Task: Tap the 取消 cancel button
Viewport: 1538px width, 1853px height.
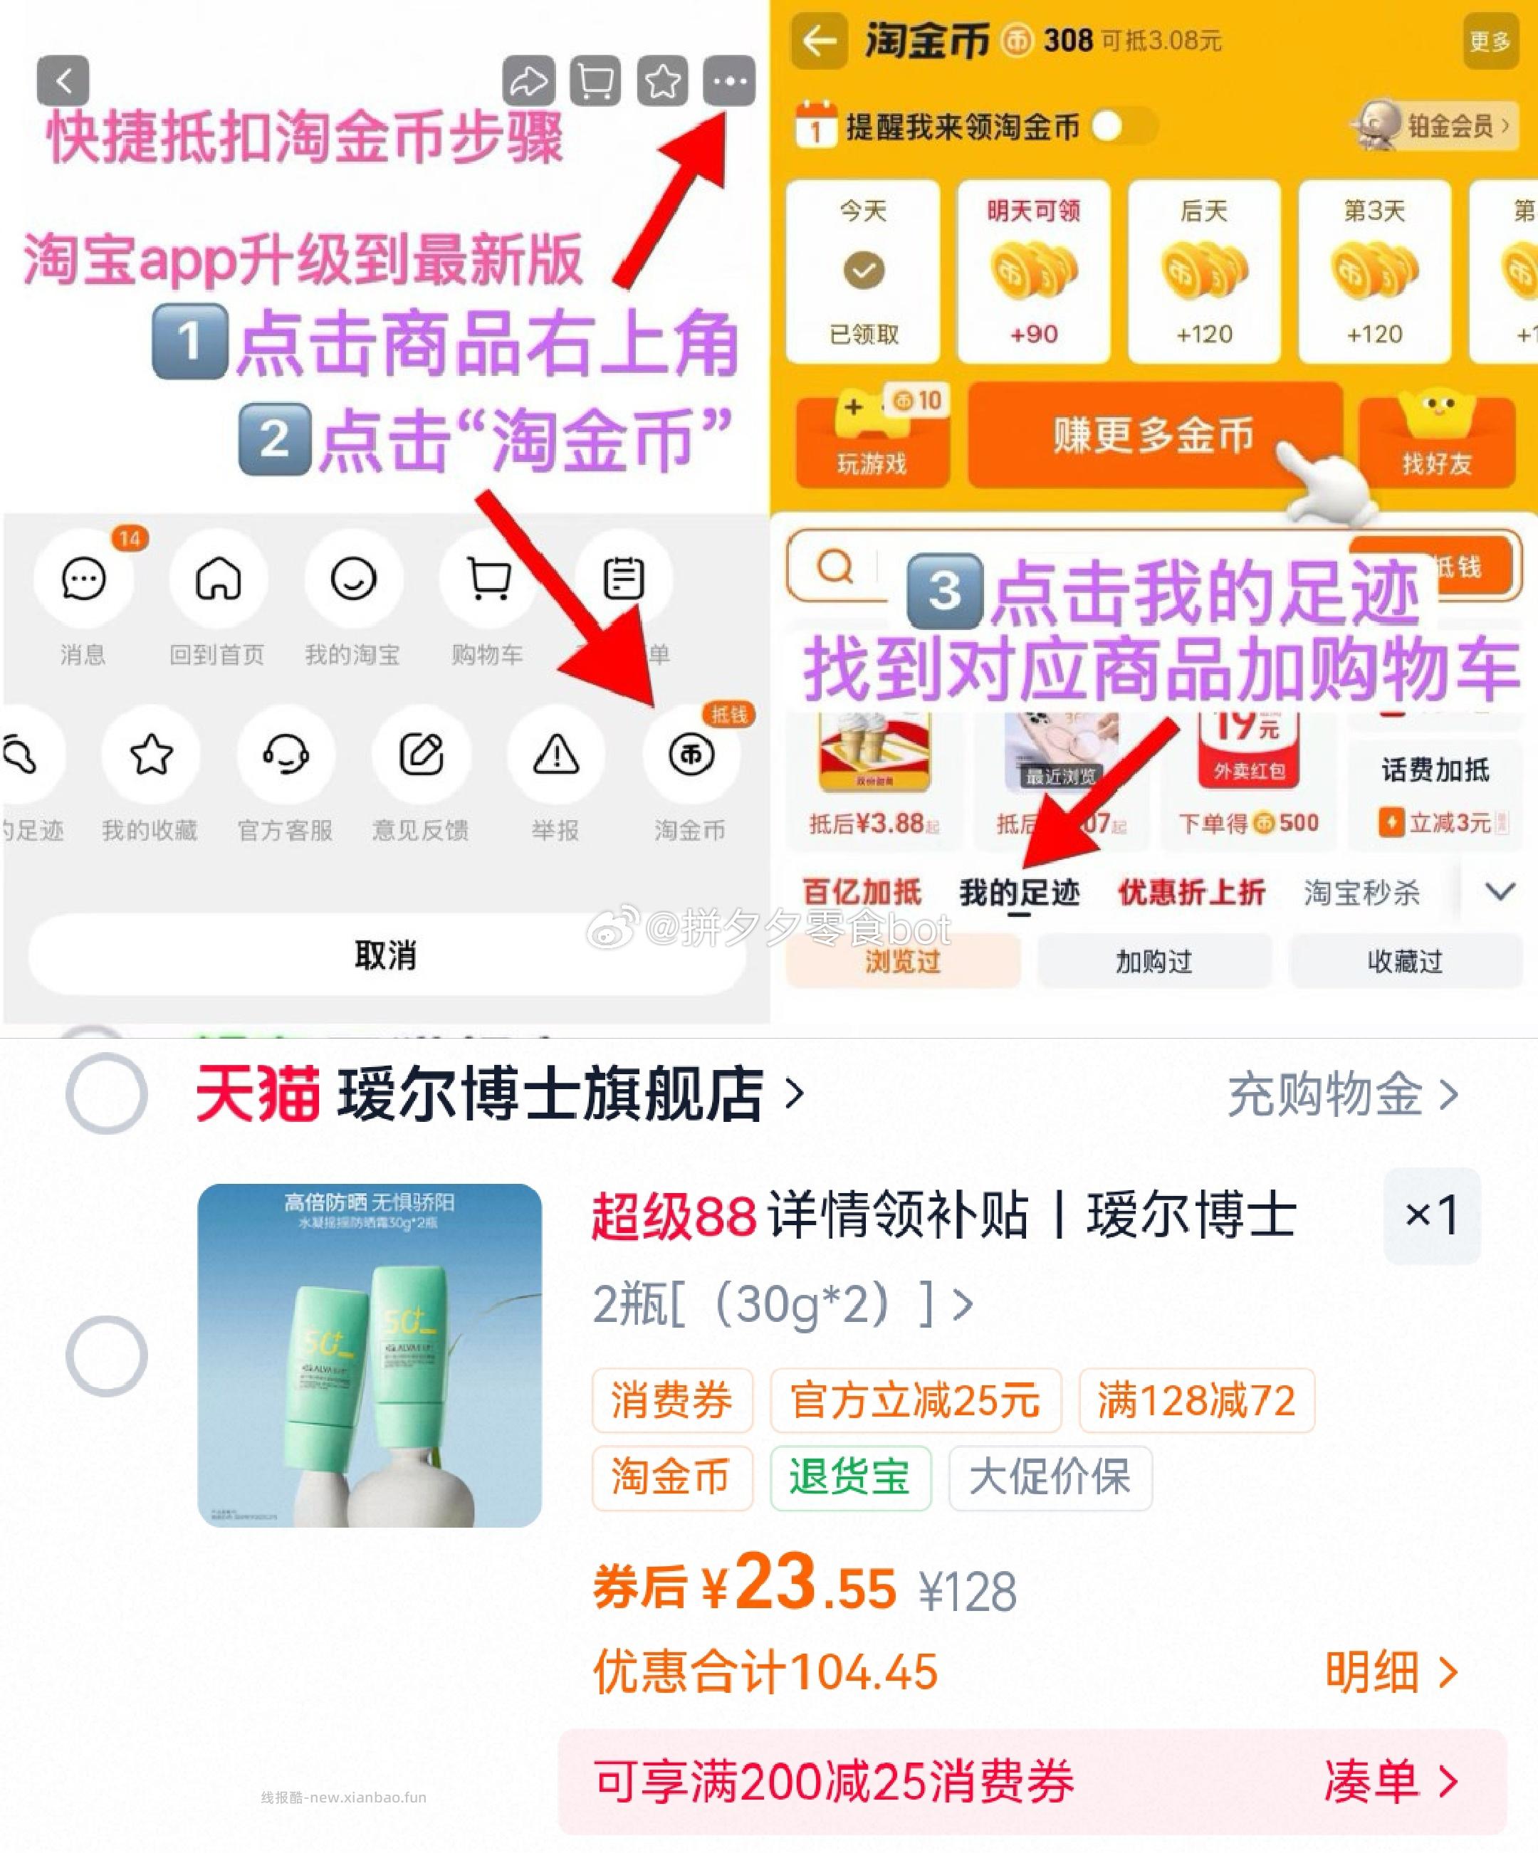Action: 386,955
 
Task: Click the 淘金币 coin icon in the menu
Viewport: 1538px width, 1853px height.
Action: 691,755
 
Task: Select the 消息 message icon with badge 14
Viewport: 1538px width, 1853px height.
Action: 84,579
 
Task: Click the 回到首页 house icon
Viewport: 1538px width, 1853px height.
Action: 218,579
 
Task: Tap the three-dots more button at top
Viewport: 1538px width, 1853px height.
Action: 729,81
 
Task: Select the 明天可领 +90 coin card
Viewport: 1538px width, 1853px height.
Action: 1033,272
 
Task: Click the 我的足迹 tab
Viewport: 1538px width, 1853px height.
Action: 1019,893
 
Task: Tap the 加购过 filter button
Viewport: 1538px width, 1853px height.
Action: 1154,961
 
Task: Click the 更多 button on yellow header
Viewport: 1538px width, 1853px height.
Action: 1490,41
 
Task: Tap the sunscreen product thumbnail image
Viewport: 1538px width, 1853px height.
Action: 369,1355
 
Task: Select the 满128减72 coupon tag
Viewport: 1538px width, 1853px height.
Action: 1196,1400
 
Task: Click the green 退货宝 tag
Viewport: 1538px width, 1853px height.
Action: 849,1477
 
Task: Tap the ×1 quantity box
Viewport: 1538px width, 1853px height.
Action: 1431,1215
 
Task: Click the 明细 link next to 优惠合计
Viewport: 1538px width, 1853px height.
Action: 1390,1671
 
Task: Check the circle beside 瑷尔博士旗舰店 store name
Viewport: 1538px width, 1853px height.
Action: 107,1093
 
